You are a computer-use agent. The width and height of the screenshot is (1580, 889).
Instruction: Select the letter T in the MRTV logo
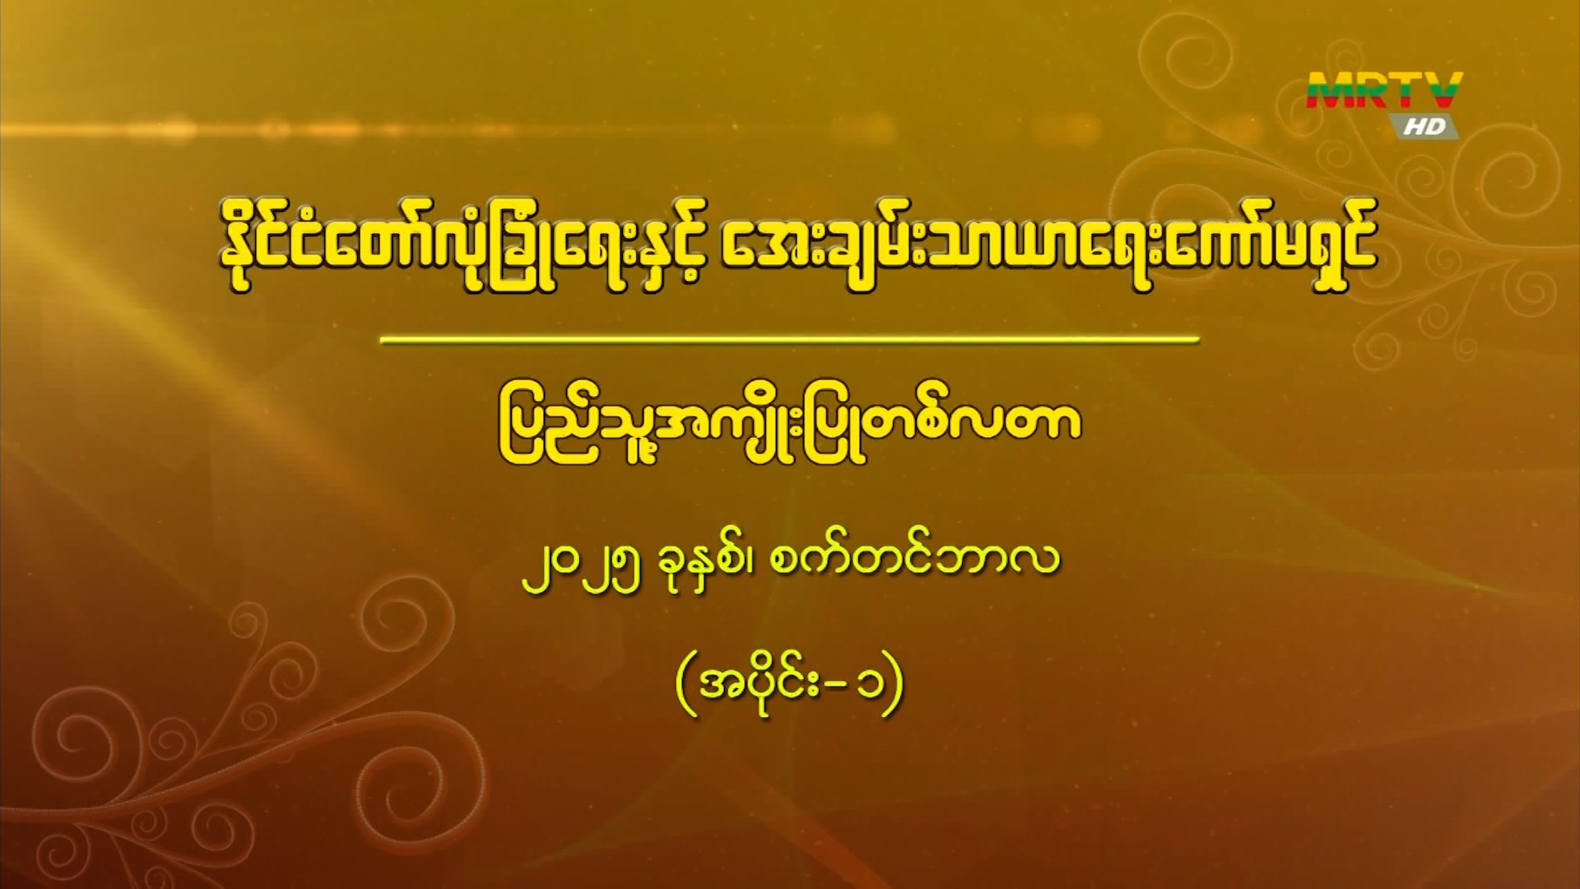coord(1408,91)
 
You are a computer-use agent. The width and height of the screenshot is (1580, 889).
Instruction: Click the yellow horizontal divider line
coord(790,339)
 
